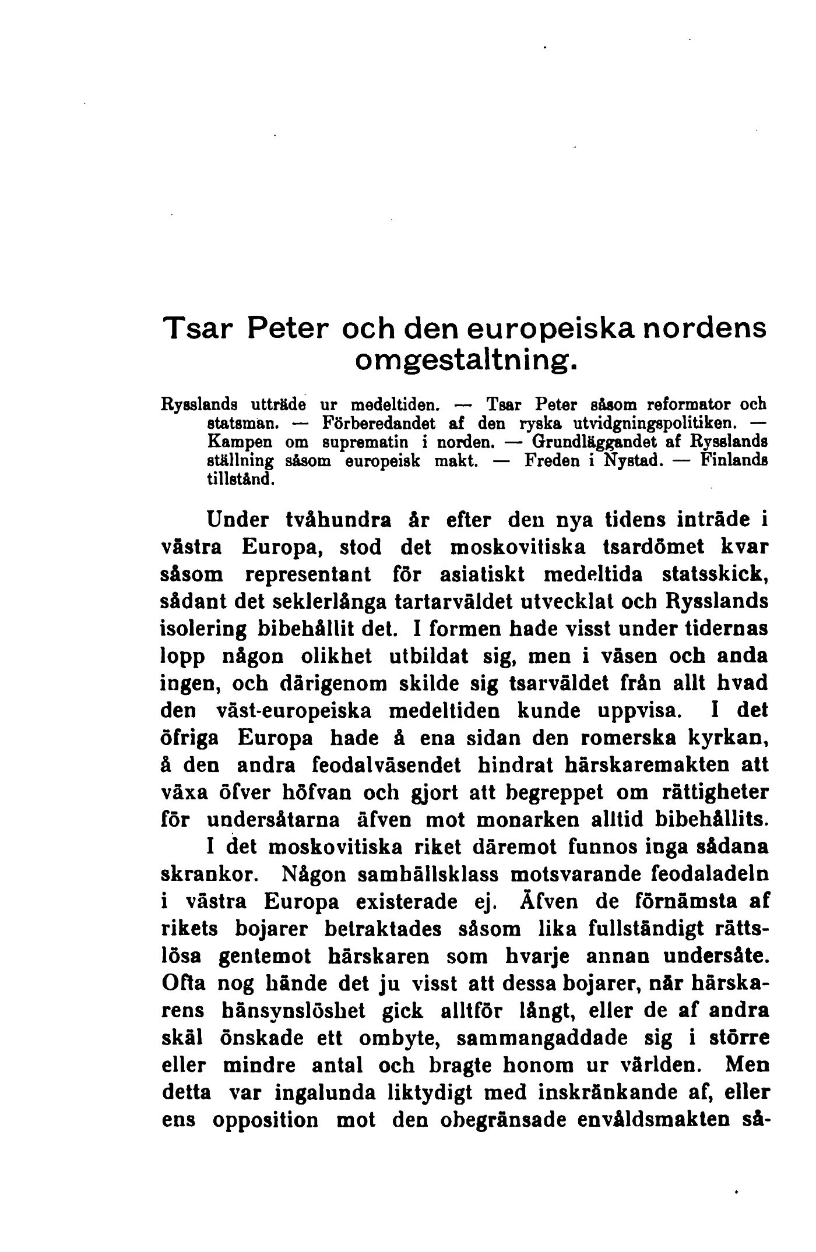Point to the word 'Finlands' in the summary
[x=734, y=461]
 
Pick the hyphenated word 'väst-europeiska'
[x=293, y=711]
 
